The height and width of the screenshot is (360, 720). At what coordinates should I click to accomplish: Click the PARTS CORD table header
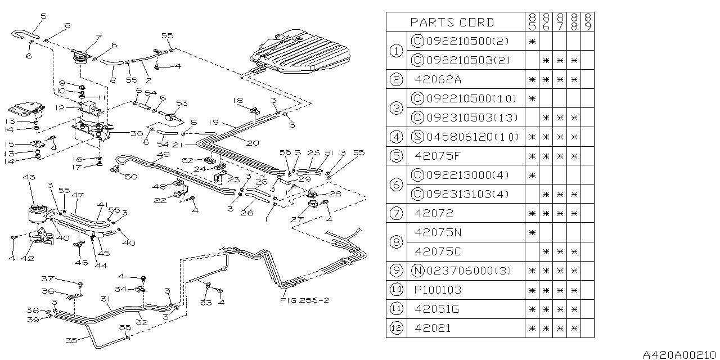point(452,22)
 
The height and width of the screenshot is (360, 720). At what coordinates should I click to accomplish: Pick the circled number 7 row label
point(395,213)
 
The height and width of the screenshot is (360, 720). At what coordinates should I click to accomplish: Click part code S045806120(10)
point(463,137)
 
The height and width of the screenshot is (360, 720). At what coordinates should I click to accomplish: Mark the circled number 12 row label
point(395,328)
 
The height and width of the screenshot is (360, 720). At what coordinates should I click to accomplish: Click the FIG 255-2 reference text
point(304,300)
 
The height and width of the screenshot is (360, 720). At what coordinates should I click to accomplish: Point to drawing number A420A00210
point(680,354)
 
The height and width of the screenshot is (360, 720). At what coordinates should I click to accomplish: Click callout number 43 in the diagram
point(28,178)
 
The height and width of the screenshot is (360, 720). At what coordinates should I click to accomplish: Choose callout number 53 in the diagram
point(181,103)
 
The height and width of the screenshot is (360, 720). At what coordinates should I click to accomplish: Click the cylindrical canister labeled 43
point(38,216)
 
